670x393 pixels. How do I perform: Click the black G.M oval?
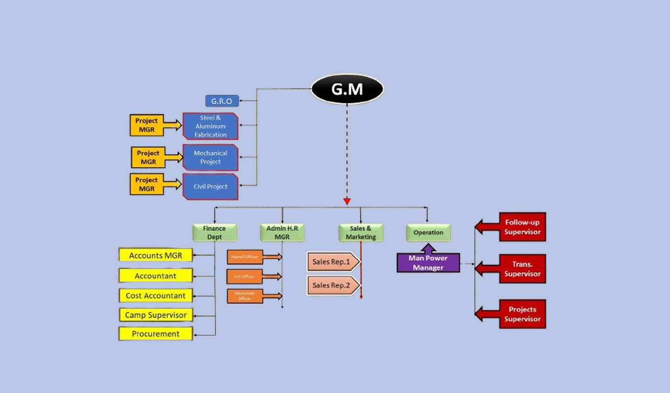tap(347, 89)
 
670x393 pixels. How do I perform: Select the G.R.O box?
tap(222, 101)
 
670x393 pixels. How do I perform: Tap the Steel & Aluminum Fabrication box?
tap(210, 126)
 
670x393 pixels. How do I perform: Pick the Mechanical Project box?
tap(210, 157)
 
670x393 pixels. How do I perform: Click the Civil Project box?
tap(210, 186)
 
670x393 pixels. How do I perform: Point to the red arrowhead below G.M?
tap(347, 201)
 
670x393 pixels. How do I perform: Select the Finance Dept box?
tap(214, 233)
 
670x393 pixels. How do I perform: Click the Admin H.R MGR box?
tap(282, 233)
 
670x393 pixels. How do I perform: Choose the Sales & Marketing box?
tap(361, 233)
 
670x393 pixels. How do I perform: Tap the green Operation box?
tap(428, 233)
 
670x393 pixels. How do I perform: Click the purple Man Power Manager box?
tap(428, 263)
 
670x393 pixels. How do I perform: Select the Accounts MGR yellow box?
tap(155, 255)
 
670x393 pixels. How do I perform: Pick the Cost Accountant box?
tap(155, 296)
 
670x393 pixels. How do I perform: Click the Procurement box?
tap(155, 334)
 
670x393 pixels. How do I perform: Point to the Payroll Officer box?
tap(245, 257)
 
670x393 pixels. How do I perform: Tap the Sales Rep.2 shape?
tap(332, 286)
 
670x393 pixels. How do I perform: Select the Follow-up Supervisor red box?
tap(522, 227)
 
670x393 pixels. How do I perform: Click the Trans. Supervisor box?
tap(522, 269)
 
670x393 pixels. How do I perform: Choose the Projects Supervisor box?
tap(522, 314)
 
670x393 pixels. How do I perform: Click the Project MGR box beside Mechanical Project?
tap(148, 157)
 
